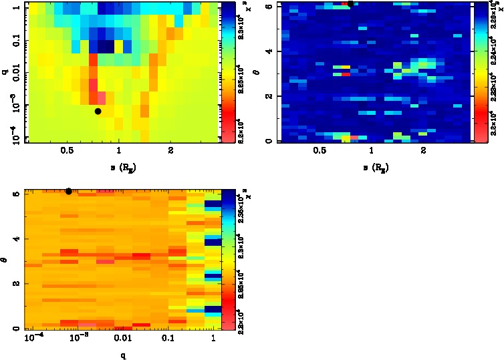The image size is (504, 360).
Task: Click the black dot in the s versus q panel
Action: pyautogui.click(x=98, y=112)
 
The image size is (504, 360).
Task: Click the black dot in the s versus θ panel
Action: pyautogui.click(x=350, y=3)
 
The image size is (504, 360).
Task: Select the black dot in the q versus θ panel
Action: pyautogui.click(x=69, y=191)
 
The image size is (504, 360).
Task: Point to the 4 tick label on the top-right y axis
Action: pyautogui.click(x=269, y=51)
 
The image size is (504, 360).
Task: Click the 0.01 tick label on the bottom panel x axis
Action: pyautogui.click(x=122, y=340)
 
